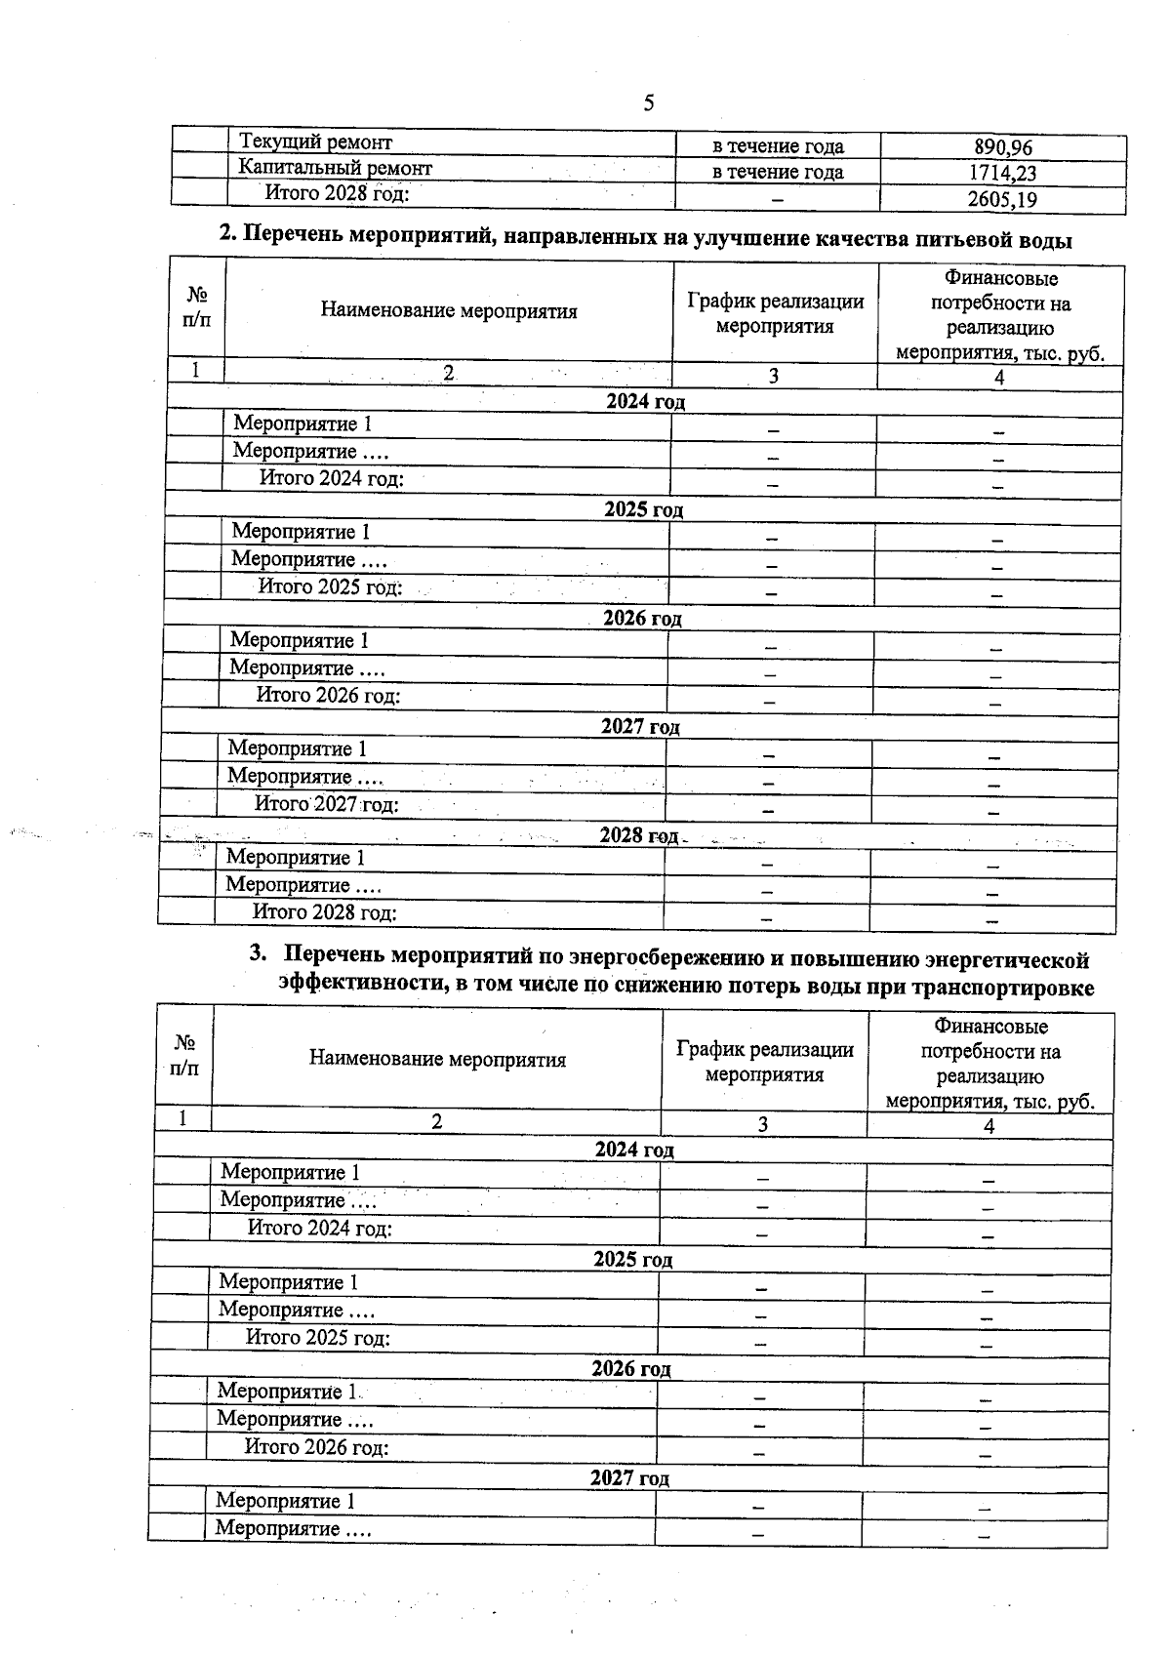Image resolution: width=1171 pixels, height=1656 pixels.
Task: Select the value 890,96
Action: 1002,148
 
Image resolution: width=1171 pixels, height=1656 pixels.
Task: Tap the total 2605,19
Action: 1002,201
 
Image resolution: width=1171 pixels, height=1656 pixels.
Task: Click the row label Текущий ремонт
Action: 315,142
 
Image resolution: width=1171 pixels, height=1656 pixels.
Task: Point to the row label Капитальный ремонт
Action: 335,168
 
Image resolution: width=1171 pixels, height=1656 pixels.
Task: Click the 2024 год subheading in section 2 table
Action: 645,402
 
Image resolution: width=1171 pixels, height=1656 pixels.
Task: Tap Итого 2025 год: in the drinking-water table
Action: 330,587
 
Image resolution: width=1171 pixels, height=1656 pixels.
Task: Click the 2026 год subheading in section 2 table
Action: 642,619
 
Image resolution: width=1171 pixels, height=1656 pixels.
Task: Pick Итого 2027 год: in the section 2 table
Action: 326,805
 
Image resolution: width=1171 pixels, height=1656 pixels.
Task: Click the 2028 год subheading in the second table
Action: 638,836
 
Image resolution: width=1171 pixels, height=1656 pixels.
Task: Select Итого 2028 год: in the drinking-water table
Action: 324,913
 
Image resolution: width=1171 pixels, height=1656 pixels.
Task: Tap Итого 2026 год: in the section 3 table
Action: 316,1447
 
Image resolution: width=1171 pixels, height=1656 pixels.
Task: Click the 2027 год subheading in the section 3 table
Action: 629,1478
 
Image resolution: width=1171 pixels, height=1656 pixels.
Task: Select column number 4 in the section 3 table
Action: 989,1126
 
